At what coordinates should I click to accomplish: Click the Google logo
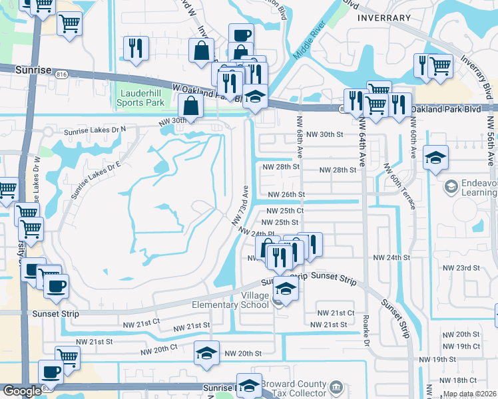[x=21, y=391]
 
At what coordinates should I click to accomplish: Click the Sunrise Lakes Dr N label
[x=95, y=131]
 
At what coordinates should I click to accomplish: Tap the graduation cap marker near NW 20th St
[x=206, y=352]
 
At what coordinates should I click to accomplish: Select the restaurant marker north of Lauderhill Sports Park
[x=136, y=49]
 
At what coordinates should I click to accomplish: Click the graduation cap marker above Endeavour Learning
[x=435, y=158]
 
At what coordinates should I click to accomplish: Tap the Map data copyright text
[x=469, y=394]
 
